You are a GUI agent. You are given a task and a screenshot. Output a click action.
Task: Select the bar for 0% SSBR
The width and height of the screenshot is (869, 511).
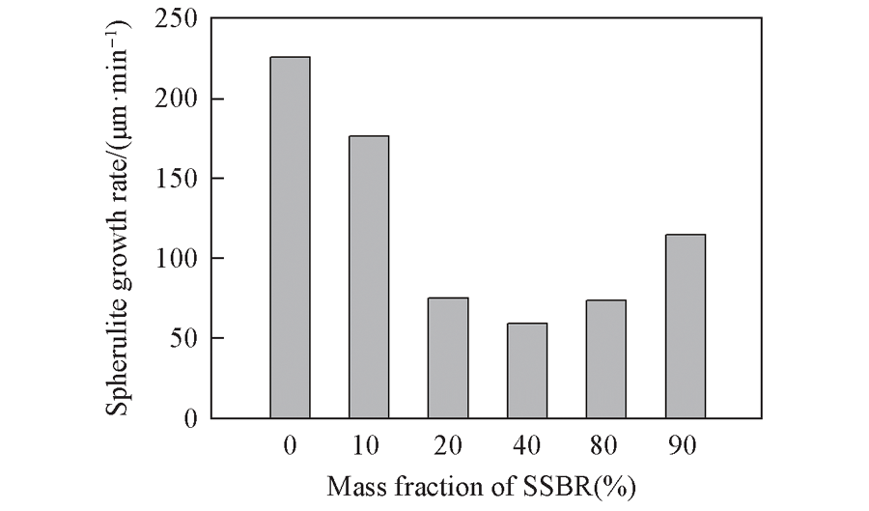click(x=290, y=238)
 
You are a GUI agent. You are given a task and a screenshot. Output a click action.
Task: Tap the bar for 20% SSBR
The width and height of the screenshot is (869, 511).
click(x=448, y=357)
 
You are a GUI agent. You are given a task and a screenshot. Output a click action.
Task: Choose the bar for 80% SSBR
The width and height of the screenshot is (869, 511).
click(x=606, y=358)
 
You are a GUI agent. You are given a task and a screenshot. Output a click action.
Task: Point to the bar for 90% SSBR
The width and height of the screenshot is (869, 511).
click(x=686, y=326)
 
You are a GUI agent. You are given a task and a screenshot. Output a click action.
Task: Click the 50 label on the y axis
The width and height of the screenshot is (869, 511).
click(x=184, y=339)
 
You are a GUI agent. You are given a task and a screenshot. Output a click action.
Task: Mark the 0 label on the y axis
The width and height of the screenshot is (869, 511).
click(x=190, y=419)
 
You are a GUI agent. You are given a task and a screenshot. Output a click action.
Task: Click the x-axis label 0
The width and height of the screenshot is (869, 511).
click(x=290, y=445)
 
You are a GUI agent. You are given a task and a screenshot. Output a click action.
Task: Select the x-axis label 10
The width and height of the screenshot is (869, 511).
click(x=369, y=445)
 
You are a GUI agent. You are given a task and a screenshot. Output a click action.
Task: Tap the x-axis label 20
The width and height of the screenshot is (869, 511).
click(x=448, y=445)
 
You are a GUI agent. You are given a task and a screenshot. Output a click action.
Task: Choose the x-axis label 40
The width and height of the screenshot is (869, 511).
click(x=527, y=445)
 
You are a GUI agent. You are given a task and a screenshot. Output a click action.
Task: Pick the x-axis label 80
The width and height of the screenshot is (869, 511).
click(x=606, y=445)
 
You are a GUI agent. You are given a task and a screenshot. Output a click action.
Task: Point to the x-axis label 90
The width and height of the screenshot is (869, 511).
click(x=686, y=445)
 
